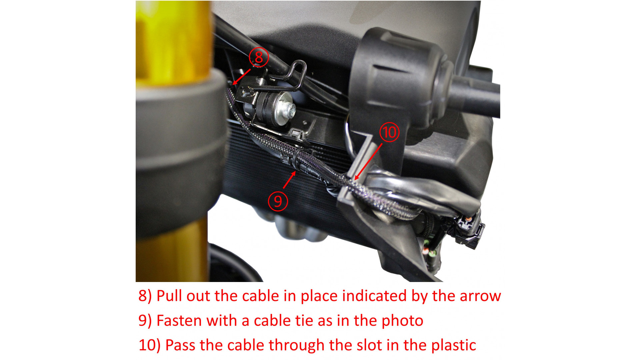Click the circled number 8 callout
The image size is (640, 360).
pyautogui.click(x=259, y=57)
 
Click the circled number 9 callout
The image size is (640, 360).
pyautogui.click(x=278, y=201)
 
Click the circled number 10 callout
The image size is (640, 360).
pyautogui.click(x=389, y=132)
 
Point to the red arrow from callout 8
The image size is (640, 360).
pyautogui.click(x=242, y=77)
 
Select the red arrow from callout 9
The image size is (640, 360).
pyautogui.click(x=289, y=179)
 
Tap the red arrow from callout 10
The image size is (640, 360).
pyautogui.click(x=368, y=162)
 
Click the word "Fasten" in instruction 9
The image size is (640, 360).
pyautogui.click(x=179, y=321)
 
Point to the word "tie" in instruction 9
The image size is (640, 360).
pyautogui.click(x=306, y=321)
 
